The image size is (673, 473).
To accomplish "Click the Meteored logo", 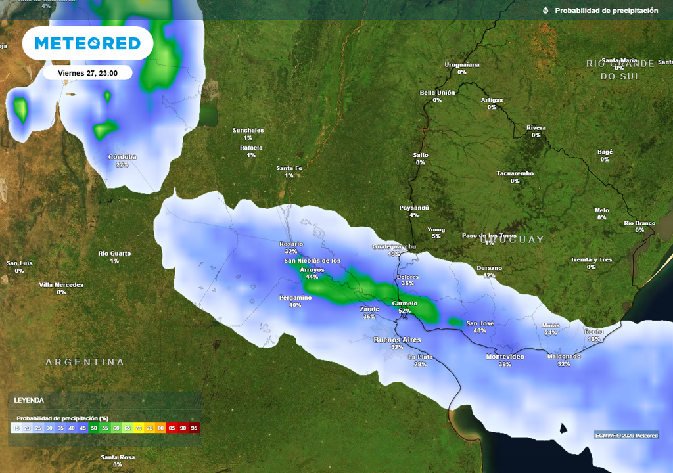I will point(87,43).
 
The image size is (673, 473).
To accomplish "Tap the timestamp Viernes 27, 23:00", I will point(87,73).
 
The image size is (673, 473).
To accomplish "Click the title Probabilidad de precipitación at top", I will point(606,11).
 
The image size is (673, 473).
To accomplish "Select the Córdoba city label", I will point(122,157).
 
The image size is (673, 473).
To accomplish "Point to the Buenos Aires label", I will point(397,339).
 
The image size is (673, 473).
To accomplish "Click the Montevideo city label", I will point(505,356).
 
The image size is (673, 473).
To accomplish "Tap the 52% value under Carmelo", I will point(404,311).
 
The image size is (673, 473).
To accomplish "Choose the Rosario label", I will point(291,244).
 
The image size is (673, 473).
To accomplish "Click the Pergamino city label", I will point(295,297).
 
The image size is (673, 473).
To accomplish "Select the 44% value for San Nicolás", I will point(312,277).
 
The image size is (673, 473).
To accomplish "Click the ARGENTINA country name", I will point(85,362).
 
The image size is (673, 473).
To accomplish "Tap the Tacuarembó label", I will point(515,173).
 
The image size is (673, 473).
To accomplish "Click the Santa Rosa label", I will point(118,457).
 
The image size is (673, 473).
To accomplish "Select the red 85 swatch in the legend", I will point(172,428).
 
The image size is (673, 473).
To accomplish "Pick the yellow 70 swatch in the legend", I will point(139,428).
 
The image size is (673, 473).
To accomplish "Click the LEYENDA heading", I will point(29,400).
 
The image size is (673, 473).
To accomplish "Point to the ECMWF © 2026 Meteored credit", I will point(626,435).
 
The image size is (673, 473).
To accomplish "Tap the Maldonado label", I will point(564,356).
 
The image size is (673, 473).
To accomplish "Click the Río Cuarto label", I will point(114,253).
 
